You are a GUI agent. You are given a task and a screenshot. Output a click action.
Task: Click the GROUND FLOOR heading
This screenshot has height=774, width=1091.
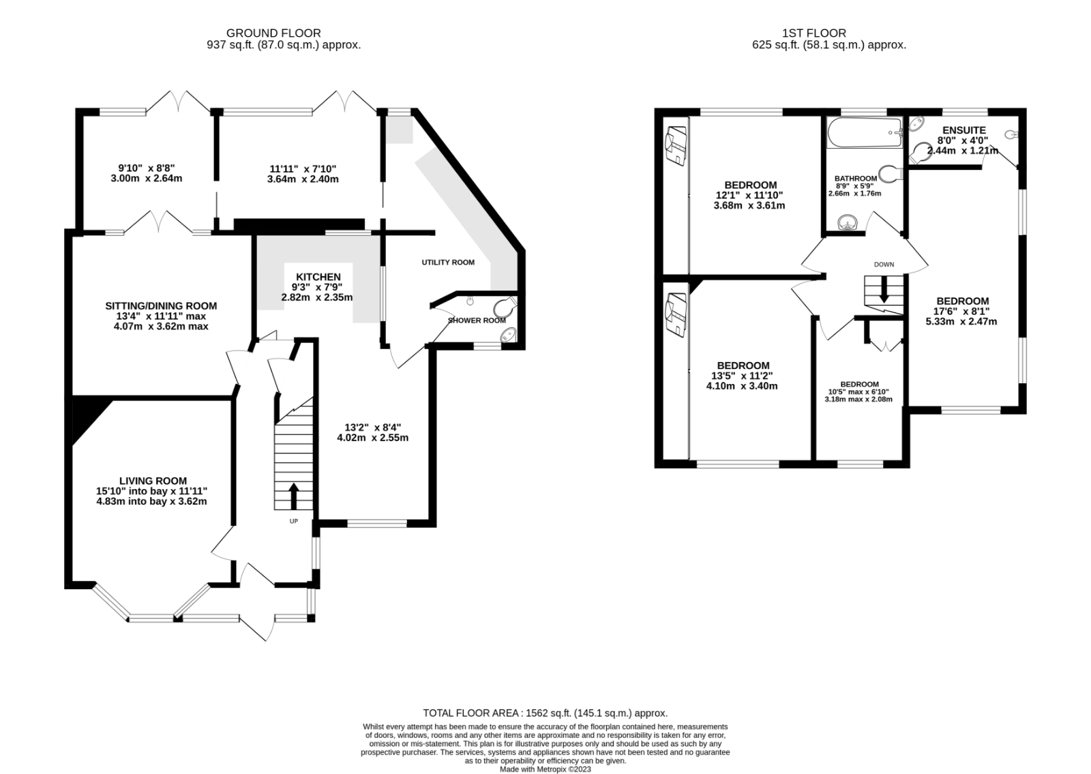tap(273, 33)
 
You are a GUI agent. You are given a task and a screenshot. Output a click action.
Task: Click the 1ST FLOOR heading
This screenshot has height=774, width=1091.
tap(814, 33)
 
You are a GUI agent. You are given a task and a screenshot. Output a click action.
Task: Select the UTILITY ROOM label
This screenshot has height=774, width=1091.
tap(447, 263)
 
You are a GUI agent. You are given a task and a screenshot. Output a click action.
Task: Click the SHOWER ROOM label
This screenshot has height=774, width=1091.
tap(477, 321)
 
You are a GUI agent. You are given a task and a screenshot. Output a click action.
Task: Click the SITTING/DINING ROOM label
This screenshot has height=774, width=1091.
tap(161, 306)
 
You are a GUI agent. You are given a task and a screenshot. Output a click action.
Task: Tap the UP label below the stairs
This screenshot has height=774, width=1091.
tap(294, 521)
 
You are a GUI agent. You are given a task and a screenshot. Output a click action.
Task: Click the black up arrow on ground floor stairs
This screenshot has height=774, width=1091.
tap(294, 496)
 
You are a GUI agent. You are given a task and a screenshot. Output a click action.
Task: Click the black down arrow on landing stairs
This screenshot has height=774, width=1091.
tap(884, 289)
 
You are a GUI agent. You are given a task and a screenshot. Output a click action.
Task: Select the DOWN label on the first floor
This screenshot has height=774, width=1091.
tap(884, 265)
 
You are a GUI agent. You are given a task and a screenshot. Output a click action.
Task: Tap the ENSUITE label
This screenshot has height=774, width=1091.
tap(963, 130)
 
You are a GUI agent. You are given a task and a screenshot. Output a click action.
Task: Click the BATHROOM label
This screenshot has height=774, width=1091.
tap(856, 179)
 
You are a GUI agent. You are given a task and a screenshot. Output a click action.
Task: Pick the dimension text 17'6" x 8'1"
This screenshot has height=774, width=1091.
tap(961, 311)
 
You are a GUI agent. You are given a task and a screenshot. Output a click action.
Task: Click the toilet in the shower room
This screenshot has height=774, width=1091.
tap(506, 306)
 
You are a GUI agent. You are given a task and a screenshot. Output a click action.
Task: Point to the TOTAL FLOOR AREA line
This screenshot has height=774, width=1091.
tap(545, 713)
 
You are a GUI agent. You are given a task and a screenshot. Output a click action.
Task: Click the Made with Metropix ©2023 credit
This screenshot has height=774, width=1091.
tap(545, 769)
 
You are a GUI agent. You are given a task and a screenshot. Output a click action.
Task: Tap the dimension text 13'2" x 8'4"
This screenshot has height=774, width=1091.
tap(372, 428)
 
